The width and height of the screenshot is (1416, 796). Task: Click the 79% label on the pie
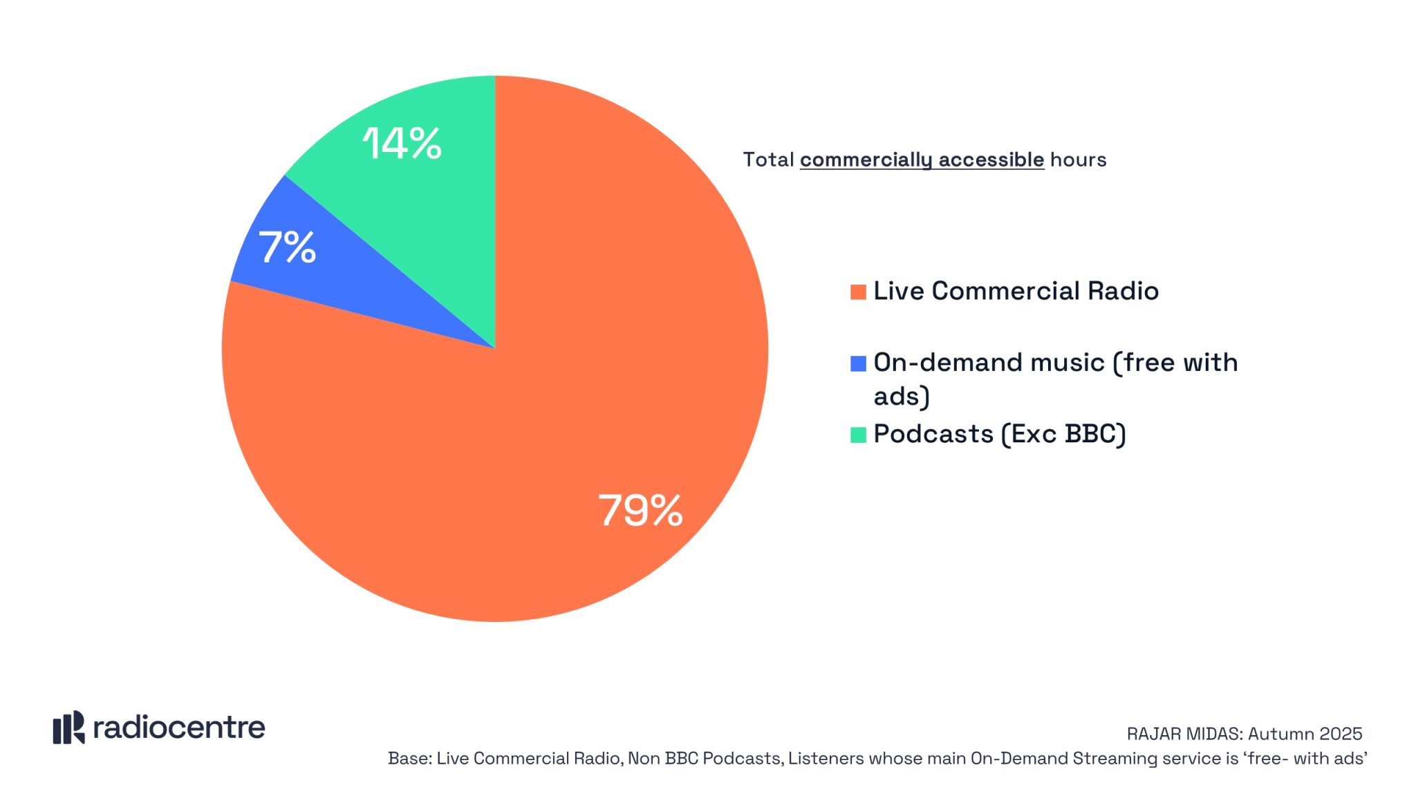(x=640, y=511)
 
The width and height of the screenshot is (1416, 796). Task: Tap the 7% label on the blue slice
(x=287, y=247)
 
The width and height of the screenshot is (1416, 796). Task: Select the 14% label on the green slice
(x=402, y=144)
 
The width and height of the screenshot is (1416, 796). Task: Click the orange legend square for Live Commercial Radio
(x=858, y=292)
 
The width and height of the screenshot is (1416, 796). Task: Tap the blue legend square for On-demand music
(x=858, y=363)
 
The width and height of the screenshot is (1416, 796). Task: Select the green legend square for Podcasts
(x=858, y=435)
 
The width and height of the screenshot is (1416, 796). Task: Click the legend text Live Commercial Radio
(x=1016, y=291)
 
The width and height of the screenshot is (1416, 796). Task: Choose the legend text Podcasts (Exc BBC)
(x=1000, y=434)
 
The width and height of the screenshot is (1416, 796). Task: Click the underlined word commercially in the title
(x=866, y=160)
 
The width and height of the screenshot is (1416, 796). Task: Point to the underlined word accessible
(x=991, y=160)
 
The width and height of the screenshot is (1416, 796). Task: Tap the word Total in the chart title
(x=768, y=160)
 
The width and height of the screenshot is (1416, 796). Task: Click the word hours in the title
(x=1078, y=160)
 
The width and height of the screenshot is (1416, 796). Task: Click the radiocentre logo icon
(x=68, y=728)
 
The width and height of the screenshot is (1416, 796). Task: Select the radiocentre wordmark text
(x=179, y=728)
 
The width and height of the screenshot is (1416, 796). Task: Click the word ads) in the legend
(x=902, y=397)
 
